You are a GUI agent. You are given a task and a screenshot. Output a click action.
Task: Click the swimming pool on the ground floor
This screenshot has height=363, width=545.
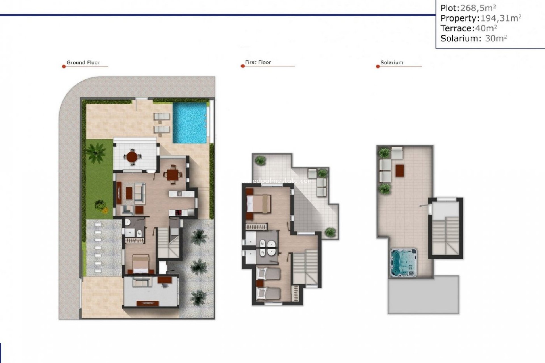pos(190,123)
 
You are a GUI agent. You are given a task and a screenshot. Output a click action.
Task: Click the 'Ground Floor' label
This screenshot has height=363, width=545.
pos(83,62)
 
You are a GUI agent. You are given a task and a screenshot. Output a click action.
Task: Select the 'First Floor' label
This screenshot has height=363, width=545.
pos(258,62)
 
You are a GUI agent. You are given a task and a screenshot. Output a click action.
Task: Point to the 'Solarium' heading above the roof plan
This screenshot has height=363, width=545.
pos(392,62)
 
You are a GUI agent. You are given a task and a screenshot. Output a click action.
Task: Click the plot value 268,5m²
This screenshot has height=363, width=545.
pos(478,8)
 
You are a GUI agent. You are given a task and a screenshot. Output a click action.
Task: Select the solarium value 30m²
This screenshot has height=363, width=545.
pos(496,38)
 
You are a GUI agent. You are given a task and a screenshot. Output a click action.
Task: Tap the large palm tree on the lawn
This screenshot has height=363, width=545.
pos(96,152)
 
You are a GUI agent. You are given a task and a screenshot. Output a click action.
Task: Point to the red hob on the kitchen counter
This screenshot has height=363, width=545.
pos(179,212)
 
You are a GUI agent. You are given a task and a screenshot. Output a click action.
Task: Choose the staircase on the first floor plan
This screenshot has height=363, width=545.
pos(305,267)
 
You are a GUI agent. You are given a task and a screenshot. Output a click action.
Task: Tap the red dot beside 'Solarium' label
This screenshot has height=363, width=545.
pos(378,66)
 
